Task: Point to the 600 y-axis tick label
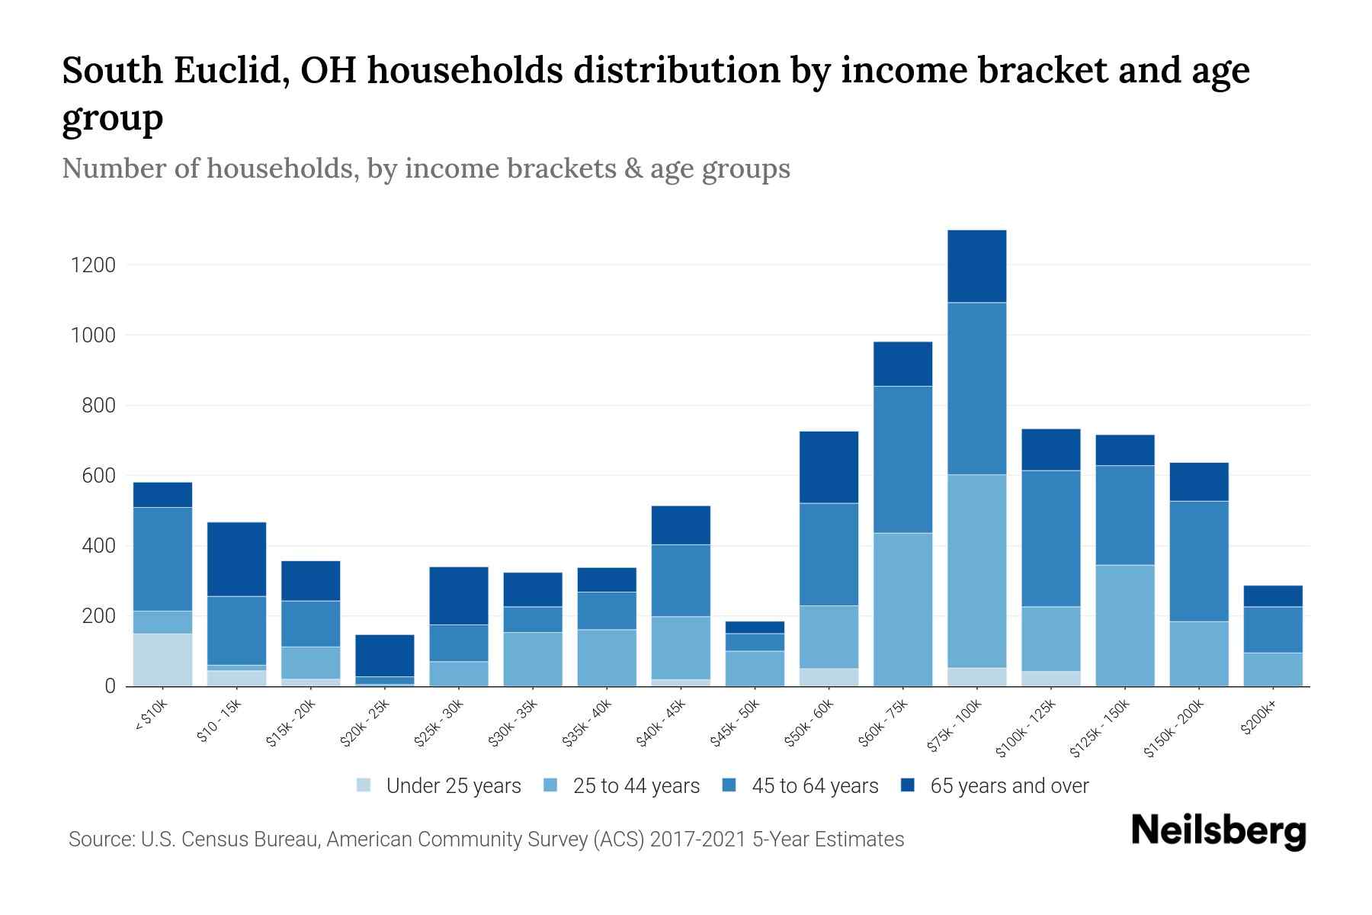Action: (x=98, y=476)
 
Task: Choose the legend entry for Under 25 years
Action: (x=453, y=786)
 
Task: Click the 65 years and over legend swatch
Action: (x=908, y=785)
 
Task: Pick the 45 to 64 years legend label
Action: (x=815, y=786)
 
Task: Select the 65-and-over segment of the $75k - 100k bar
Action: (x=976, y=266)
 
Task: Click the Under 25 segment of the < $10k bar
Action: (x=162, y=660)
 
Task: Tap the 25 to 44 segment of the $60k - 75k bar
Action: (x=902, y=609)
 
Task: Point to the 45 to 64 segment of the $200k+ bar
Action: (x=1273, y=630)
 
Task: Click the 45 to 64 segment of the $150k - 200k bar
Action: (x=1199, y=561)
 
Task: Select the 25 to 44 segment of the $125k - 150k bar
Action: (x=1125, y=625)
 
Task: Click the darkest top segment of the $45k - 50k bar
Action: (x=755, y=628)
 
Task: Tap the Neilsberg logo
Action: (x=1218, y=830)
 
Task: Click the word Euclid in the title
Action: (x=228, y=71)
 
